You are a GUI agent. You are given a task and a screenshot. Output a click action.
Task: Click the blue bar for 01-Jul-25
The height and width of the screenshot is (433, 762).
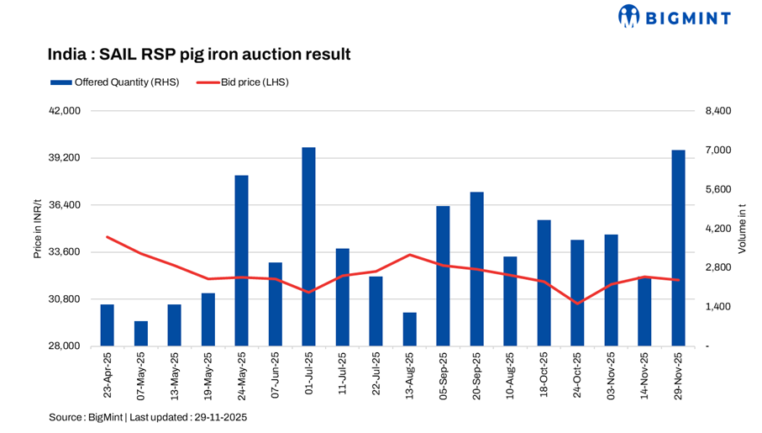click(x=308, y=246)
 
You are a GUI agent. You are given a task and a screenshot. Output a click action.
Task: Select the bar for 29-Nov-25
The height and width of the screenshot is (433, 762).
click(x=678, y=248)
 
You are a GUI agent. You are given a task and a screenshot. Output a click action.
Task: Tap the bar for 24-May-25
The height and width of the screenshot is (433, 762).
click(x=241, y=261)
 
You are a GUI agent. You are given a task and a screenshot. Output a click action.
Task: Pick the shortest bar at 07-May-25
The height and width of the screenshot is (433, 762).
click(x=140, y=334)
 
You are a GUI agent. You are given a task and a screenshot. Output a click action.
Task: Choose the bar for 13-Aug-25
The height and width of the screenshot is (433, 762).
click(x=409, y=330)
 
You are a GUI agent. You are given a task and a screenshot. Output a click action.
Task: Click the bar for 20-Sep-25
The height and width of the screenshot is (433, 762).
click(x=476, y=269)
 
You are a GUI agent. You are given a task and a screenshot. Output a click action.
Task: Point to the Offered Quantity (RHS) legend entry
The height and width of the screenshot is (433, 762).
click(x=114, y=82)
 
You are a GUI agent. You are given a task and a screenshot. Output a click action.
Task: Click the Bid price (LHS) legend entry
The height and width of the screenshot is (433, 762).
click(x=243, y=82)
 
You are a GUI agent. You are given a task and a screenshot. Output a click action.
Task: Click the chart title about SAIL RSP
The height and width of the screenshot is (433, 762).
click(x=198, y=55)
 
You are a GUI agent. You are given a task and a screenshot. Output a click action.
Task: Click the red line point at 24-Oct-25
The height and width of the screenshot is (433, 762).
click(x=577, y=304)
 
